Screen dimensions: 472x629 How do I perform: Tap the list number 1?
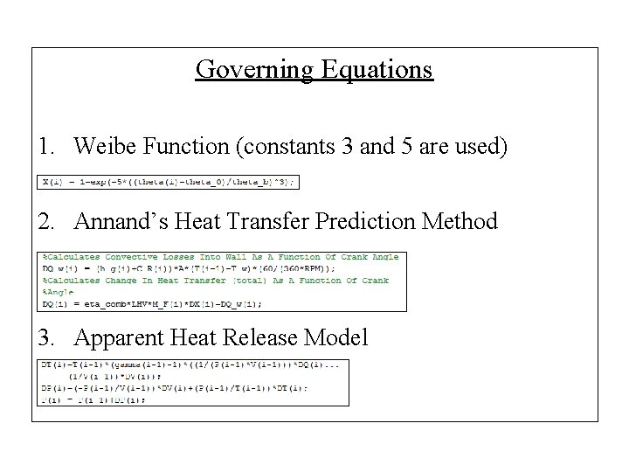point(45,146)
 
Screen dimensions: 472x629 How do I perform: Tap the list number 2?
point(46,222)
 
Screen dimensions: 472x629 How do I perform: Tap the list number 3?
point(46,337)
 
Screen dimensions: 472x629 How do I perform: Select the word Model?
point(339,337)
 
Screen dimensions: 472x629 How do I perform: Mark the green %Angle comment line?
point(58,293)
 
